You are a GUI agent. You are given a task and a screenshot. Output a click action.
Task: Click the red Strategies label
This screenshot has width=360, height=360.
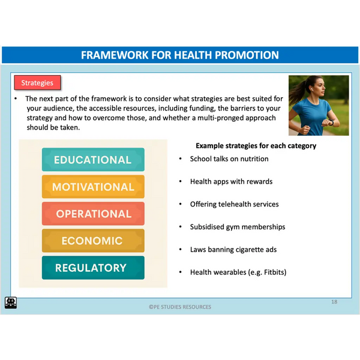[x=37, y=83]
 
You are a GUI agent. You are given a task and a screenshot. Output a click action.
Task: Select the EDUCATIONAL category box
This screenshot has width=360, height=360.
[x=93, y=160]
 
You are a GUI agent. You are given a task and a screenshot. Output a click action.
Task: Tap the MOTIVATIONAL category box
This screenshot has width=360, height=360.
[x=93, y=187]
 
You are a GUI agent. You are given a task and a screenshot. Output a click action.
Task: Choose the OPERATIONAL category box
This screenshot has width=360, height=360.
[x=93, y=214]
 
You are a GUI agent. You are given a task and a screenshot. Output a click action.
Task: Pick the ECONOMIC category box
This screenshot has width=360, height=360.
[x=93, y=241]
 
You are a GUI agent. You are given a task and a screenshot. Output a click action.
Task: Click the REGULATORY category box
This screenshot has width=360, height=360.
[x=93, y=268]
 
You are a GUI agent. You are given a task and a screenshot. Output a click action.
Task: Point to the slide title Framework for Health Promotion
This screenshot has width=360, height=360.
[x=180, y=55]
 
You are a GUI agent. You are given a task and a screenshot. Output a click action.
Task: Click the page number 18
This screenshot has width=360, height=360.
[x=334, y=302]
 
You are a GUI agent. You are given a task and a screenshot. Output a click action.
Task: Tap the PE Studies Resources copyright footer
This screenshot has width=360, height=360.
[x=180, y=307]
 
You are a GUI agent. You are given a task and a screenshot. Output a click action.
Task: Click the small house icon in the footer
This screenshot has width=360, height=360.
[x=11, y=302]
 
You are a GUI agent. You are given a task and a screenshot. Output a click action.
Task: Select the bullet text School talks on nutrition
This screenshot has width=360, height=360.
[x=229, y=159]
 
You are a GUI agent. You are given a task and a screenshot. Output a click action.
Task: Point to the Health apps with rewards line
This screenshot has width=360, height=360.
[x=231, y=182]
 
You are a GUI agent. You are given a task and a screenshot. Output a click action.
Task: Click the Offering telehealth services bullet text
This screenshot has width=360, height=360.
[x=235, y=204]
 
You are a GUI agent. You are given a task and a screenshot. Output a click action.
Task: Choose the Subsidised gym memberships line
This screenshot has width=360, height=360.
[x=238, y=227]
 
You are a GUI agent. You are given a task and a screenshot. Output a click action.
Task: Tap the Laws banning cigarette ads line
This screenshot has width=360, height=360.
[x=233, y=250]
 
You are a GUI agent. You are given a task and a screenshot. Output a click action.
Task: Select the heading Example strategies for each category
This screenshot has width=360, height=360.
[x=256, y=146]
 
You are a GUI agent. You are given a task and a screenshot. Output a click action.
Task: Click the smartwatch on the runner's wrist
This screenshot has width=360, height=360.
[x=331, y=122]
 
